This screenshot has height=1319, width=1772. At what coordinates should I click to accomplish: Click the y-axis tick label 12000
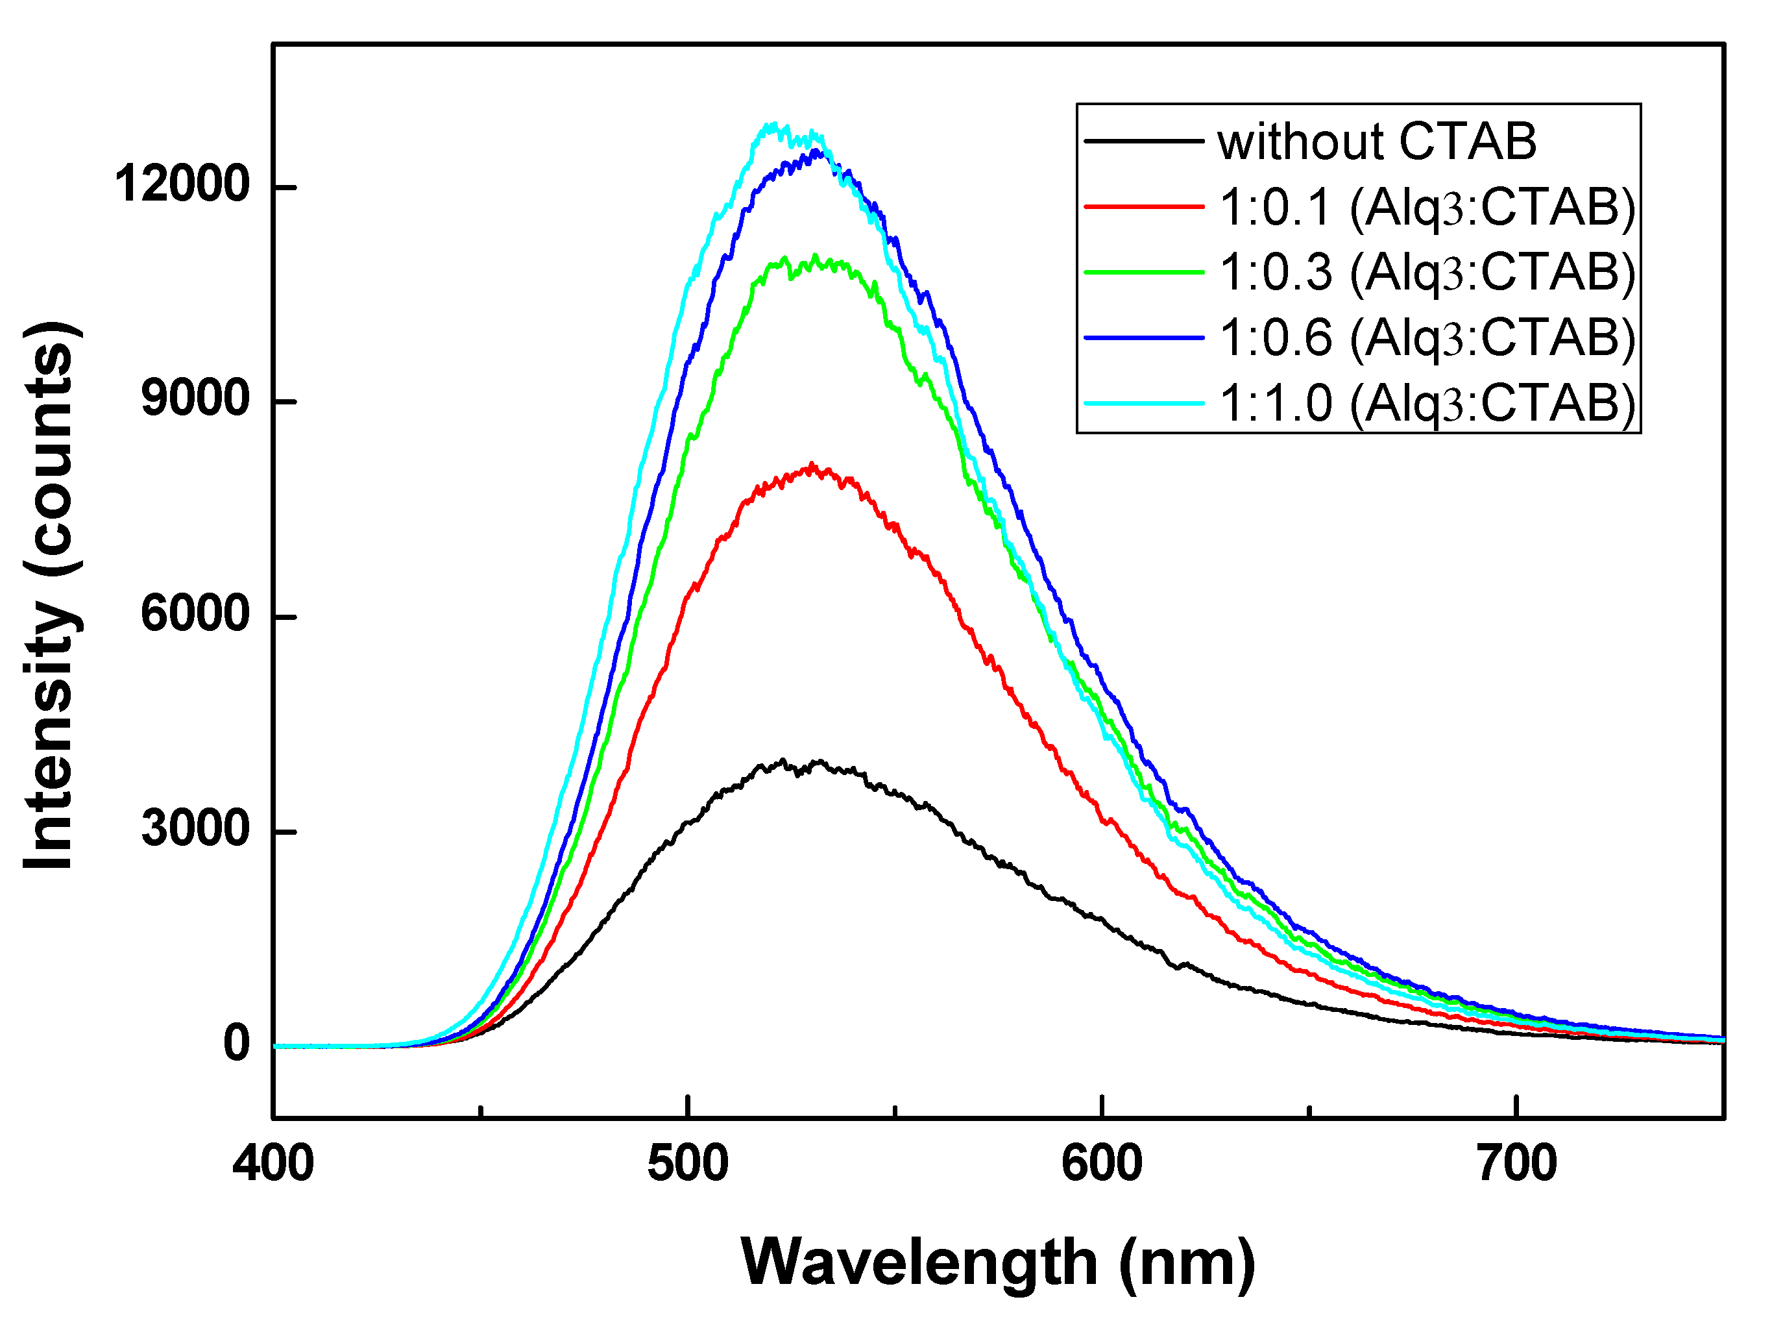[182, 184]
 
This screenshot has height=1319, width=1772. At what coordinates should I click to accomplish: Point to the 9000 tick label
[195, 399]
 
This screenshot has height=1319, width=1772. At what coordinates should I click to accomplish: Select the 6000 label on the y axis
[195, 615]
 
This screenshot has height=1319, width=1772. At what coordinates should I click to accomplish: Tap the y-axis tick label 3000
[195, 830]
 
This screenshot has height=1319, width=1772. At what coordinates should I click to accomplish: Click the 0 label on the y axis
[236, 1044]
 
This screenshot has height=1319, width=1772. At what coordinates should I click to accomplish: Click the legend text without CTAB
[1376, 142]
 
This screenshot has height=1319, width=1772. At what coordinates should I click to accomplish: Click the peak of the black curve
[783, 760]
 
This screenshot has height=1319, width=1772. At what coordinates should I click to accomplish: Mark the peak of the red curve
[812, 464]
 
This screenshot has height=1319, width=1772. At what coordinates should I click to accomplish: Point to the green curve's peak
[814, 256]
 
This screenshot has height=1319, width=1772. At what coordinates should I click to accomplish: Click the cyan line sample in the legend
[1143, 404]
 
